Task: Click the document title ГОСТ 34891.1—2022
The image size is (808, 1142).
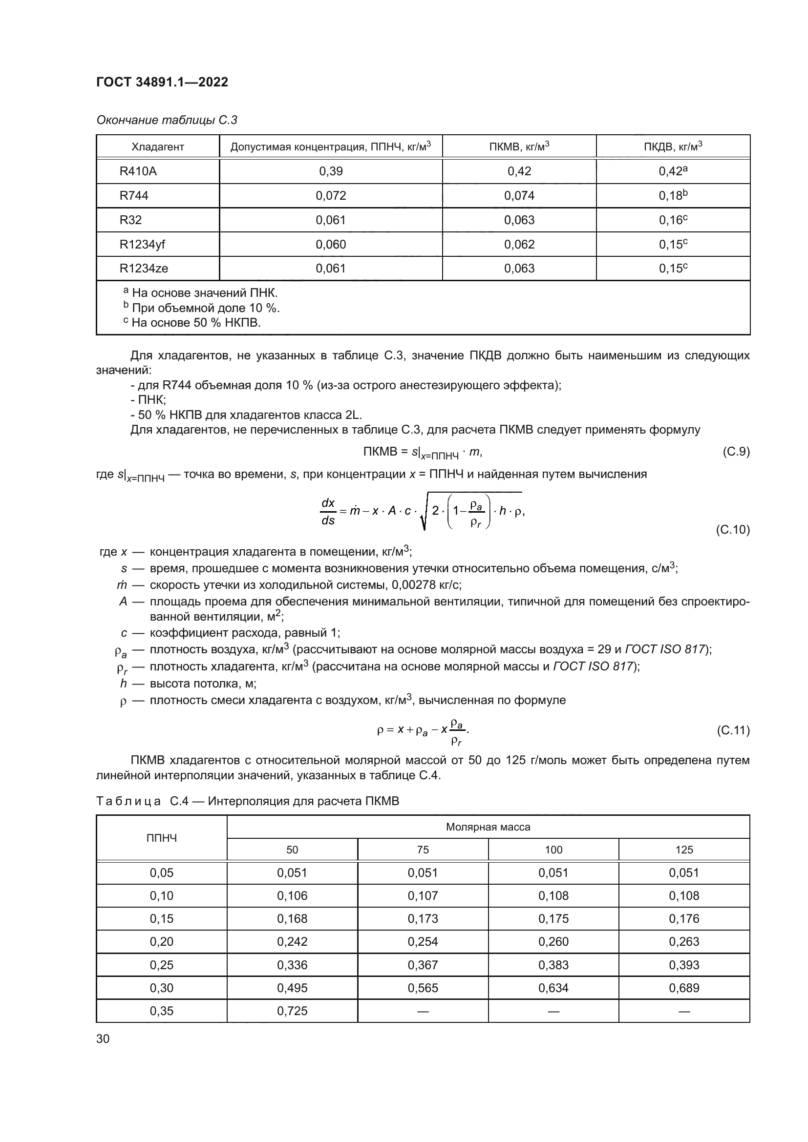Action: coord(162,82)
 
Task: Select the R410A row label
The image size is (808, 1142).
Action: coord(138,171)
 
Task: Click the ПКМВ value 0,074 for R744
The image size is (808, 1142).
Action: coord(519,195)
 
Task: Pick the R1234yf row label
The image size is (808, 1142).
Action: coord(142,244)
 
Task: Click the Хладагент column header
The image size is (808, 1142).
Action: coord(157,147)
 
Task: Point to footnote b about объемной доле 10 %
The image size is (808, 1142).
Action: coord(201,308)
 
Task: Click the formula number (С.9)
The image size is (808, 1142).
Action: coord(735,452)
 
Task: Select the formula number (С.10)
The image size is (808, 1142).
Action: coord(732,529)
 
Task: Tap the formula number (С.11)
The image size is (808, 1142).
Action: coord(732,730)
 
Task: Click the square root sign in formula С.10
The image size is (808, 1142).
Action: coord(425,512)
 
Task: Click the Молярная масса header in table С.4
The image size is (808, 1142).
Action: coord(488,827)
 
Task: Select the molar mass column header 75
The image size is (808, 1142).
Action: coord(423,850)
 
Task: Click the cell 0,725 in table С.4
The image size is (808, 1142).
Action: coord(292,1011)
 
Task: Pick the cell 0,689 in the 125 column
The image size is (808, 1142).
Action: coord(683,988)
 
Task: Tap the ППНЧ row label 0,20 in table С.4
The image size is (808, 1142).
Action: coord(161,941)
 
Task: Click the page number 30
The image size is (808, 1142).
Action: coord(103,1038)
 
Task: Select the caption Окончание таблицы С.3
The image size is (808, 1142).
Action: coord(167,120)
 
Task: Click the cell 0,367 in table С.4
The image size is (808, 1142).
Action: coord(423,965)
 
